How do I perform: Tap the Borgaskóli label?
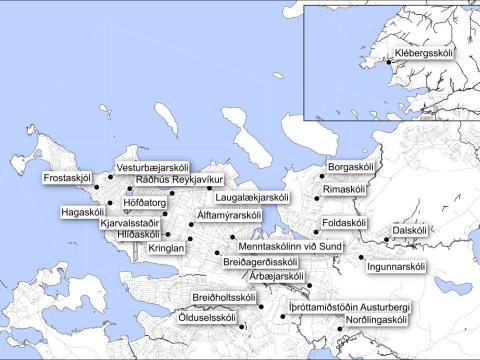click(350, 167)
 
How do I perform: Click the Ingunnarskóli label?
click(397, 267)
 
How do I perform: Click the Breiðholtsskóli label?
click(226, 298)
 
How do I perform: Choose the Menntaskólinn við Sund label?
click(290, 245)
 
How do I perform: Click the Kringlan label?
click(166, 246)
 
